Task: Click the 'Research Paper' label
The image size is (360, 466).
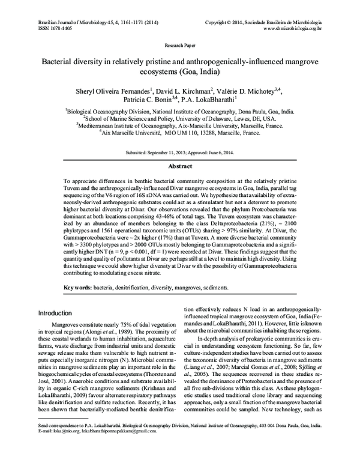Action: point(179,45)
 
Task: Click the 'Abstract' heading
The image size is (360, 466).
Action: point(179,166)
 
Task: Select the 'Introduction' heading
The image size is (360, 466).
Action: point(61,313)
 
